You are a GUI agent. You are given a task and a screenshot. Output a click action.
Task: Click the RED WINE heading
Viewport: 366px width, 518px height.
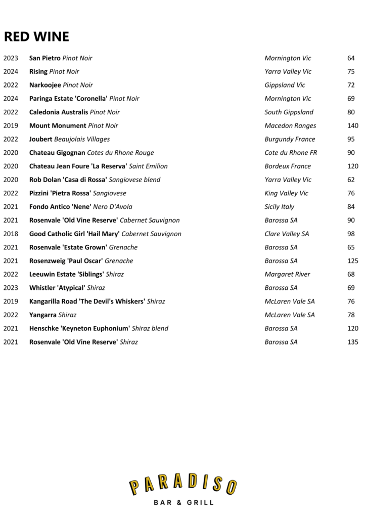click(x=36, y=37)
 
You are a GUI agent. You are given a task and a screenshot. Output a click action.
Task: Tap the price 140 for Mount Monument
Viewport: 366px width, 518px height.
click(x=353, y=125)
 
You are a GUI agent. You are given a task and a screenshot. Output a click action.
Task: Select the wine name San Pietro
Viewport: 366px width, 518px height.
click(x=45, y=58)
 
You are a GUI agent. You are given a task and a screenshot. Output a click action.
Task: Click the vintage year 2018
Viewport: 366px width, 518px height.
click(x=11, y=234)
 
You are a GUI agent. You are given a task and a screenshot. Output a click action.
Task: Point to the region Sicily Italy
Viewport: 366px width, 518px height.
click(x=279, y=206)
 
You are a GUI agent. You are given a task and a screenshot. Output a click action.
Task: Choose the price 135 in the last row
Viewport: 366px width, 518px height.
click(x=353, y=342)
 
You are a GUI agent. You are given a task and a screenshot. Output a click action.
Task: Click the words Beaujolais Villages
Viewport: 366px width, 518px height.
click(x=82, y=139)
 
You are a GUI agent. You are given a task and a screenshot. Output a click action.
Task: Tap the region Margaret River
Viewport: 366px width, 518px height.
click(x=288, y=274)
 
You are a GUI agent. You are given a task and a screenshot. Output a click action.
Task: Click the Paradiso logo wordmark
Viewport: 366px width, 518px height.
click(x=183, y=486)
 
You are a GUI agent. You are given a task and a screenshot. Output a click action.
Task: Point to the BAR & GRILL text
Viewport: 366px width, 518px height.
click(x=183, y=503)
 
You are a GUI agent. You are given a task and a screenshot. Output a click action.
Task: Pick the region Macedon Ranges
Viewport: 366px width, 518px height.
click(x=290, y=125)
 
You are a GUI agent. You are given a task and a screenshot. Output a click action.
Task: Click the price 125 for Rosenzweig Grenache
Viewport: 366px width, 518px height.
click(x=353, y=261)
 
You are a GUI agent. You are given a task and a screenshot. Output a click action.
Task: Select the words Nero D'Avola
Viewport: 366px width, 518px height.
click(x=113, y=206)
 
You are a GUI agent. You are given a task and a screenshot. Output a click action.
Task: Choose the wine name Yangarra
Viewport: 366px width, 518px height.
click(x=43, y=315)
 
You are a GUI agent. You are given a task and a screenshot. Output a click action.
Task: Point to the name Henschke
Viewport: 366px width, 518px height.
click(x=44, y=328)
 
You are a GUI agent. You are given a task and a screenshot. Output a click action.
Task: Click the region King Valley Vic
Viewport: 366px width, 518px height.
click(x=286, y=193)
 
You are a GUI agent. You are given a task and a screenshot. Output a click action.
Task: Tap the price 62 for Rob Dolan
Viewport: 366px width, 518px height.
click(x=351, y=180)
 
